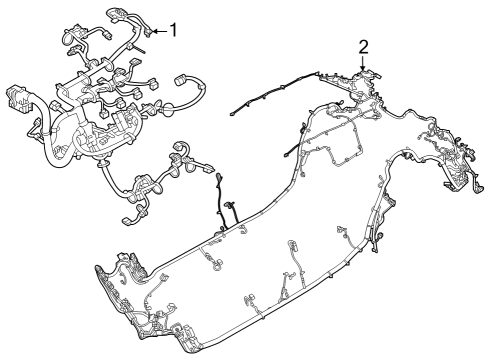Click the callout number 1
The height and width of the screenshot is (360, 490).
(x=174, y=29)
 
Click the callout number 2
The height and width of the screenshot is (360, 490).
(x=363, y=46)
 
